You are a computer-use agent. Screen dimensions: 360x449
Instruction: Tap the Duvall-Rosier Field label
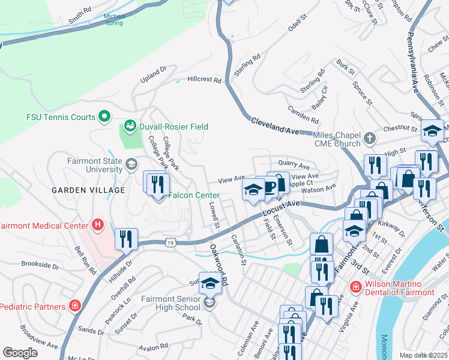[x=173, y=127]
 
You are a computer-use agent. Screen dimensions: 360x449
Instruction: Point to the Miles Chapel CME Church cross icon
[x=370, y=139]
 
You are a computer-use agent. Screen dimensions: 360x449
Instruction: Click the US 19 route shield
[x=171, y=242]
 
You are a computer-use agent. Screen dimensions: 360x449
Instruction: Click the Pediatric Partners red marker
[x=74, y=306]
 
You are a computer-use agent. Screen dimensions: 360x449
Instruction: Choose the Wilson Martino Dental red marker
[x=356, y=287]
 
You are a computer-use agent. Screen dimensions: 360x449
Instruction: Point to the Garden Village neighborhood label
[x=88, y=190]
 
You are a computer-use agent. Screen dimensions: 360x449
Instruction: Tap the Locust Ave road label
[x=280, y=208]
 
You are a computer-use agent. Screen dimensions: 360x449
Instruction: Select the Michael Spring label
[x=113, y=20]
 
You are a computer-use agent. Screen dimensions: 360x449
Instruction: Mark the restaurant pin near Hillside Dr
[x=127, y=239]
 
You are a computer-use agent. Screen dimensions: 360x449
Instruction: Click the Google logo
[x=20, y=352]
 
